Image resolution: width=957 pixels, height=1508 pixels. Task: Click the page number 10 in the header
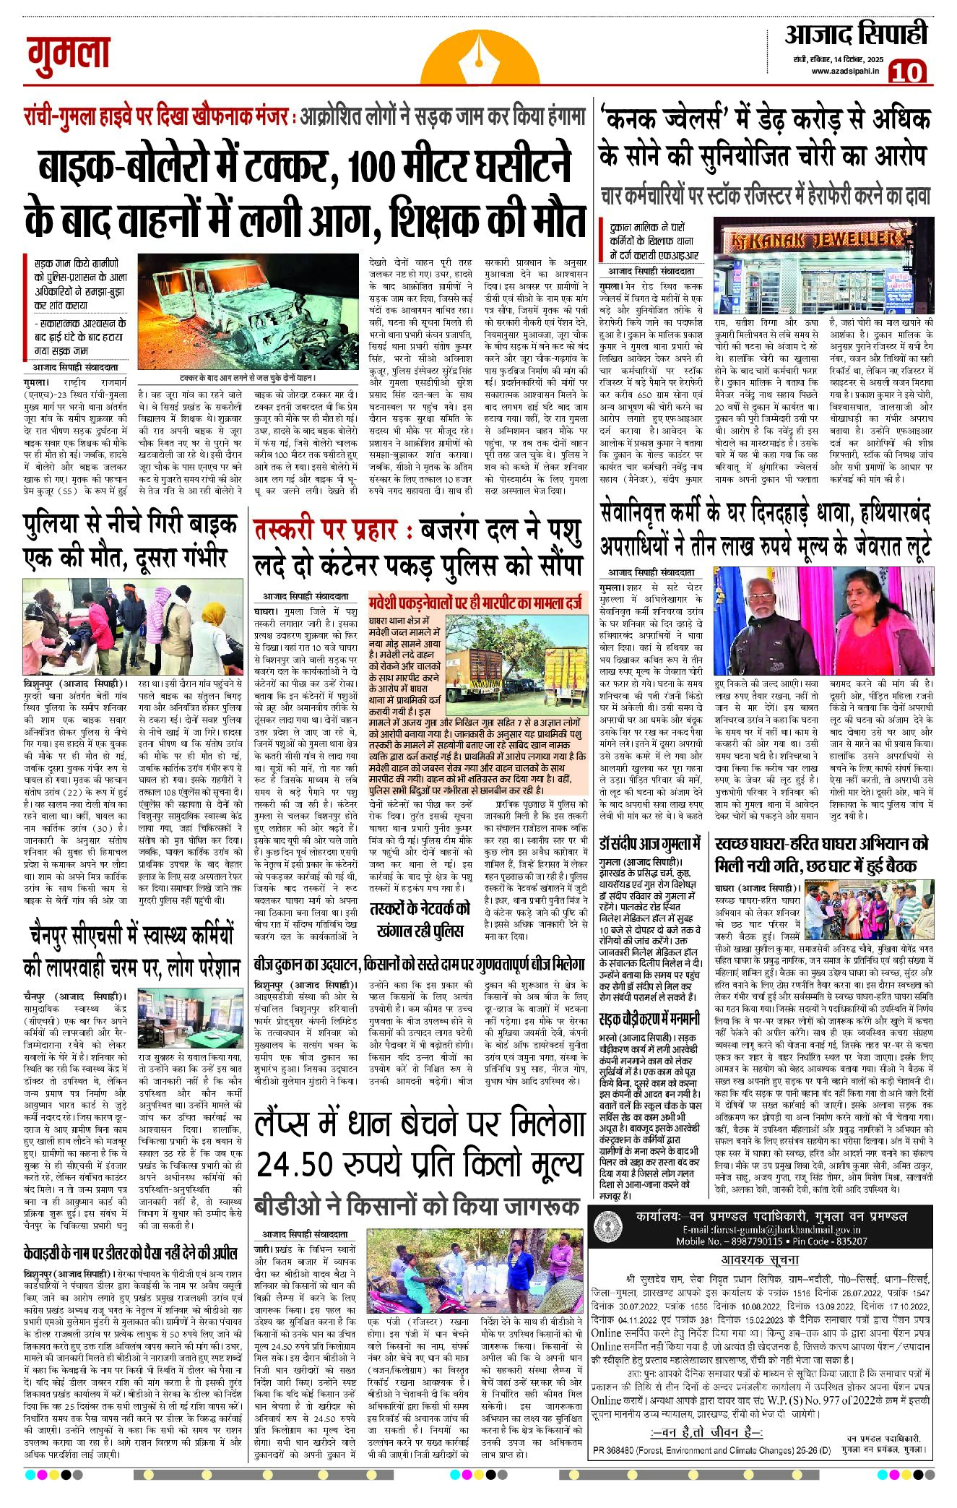point(906,72)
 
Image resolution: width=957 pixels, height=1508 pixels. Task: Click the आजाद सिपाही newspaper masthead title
point(856,35)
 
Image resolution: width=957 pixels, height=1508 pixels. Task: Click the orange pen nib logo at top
point(479,51)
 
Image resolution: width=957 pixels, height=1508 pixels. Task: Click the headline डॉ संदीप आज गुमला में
point(650,844)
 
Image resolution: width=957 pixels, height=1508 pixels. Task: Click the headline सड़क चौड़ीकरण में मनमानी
point(649,1019)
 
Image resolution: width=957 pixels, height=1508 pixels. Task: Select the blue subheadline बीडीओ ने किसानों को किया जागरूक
point(417,1205)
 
